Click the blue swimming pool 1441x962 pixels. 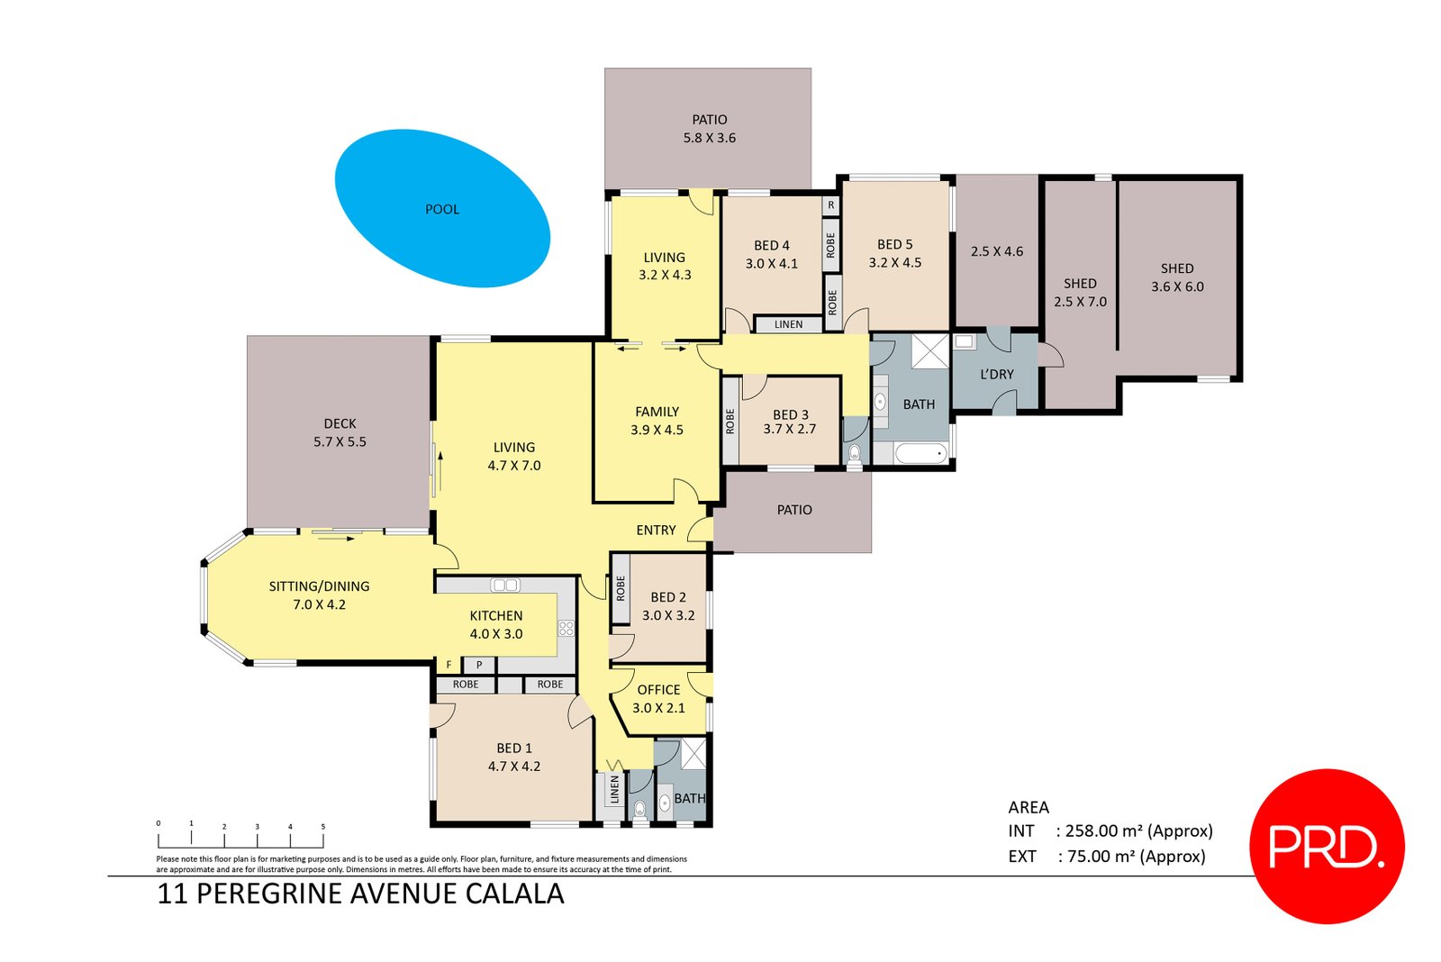point(442,208)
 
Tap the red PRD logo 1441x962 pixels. point(1328,847)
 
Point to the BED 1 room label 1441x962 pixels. point(514,758)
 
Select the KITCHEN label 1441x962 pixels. point(496,616)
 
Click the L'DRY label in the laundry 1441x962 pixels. point(996,375)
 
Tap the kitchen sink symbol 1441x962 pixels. point(505,585)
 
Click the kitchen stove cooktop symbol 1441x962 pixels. point(566,628)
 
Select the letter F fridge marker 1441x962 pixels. point(449,665)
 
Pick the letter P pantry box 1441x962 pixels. point(479,666)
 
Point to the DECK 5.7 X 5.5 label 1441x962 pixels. point(340,432)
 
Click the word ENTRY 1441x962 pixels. point(657,531)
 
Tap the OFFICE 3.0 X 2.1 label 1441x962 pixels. point(658,699)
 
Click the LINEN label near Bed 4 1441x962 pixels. point(789,324)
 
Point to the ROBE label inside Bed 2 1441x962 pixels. point(621,589)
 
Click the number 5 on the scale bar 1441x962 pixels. point(323,827)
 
